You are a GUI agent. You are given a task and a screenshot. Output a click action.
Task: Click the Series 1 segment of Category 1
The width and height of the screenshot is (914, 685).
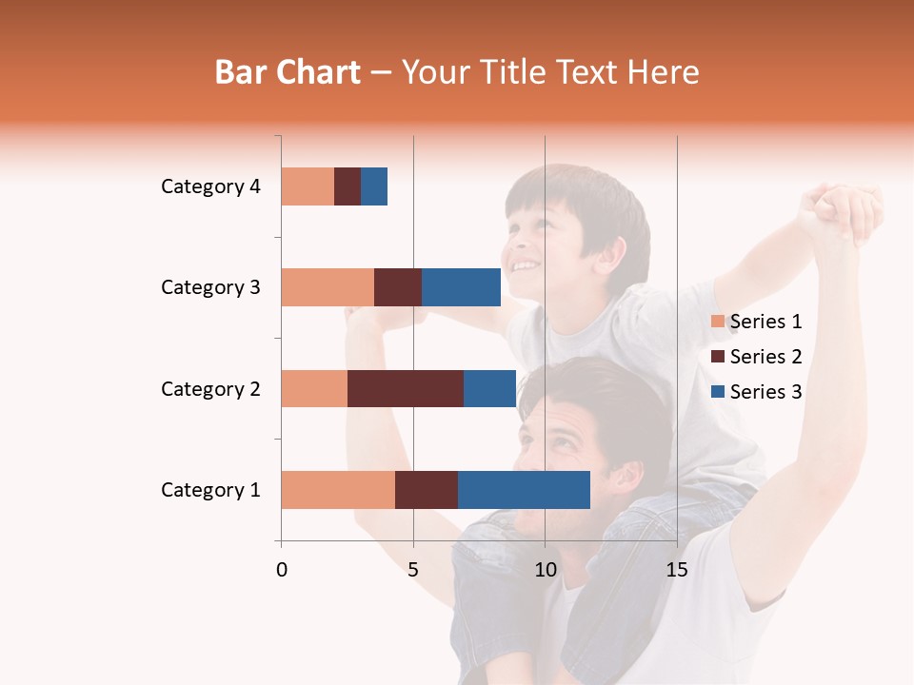(x=338, y=489)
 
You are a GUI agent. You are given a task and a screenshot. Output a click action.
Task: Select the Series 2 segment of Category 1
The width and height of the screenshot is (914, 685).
(x=427, y=489)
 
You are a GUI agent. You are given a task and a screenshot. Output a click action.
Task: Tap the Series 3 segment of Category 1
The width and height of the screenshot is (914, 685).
(x=524, y=489)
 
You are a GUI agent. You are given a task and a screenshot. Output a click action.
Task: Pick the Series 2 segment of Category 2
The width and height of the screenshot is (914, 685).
(x=406, y=388)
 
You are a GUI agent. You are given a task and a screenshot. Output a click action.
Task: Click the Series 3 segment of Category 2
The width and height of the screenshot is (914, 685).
(x=489, y=388)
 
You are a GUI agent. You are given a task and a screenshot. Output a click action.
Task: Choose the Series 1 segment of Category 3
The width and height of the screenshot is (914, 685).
(x=328, y=287)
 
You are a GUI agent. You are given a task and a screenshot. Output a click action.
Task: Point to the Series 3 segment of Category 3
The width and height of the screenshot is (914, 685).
(x=461, y=287)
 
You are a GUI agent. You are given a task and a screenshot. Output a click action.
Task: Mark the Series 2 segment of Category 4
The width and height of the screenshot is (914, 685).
(x=348, y=186)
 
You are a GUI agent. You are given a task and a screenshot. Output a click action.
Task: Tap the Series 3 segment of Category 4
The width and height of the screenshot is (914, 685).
(x=374, y=186)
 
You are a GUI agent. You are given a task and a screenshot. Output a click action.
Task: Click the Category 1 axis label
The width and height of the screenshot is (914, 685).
(x=210, y=490)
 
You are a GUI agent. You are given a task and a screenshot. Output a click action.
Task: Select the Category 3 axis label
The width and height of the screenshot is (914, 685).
(x=210, y=287)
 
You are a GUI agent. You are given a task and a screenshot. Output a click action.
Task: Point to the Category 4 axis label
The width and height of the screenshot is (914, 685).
(x=210, y=186)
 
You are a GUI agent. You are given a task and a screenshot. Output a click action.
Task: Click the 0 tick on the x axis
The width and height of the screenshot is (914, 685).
(x=282, y=570)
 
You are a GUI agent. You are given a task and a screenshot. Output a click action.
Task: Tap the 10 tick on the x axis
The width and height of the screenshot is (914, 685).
(x=545, y=570)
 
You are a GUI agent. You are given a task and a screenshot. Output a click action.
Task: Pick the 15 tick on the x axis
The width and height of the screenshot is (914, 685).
(x=677, y=570)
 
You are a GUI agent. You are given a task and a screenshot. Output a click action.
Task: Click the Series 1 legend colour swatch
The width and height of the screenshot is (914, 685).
(x=718, y=322)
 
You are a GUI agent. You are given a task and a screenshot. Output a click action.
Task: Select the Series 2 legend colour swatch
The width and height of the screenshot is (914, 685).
(x=718, y=357)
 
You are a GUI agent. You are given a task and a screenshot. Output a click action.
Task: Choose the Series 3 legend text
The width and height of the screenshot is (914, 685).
(x=765, y=392)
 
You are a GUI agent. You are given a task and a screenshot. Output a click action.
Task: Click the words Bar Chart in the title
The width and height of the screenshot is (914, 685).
(x=288, y=71)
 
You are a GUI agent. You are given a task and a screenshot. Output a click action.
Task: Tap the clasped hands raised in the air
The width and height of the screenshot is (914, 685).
(x=843, y=211)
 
